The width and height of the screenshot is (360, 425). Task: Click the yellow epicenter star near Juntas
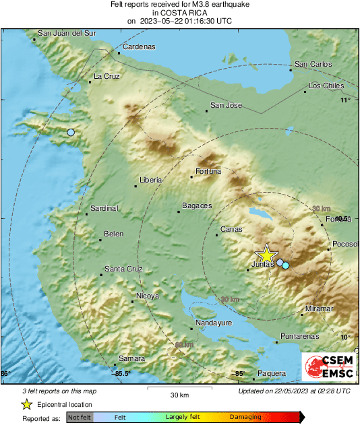[267, 255]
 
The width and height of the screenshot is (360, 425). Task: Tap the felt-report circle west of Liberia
[71, 133]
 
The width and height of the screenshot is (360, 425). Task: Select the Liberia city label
[150, 180]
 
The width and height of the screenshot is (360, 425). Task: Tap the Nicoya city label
[148, 296]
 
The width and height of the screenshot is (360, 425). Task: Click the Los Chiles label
[326, 86]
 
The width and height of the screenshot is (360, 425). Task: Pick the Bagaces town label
[197, 205]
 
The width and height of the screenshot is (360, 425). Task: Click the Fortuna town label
[208, 171]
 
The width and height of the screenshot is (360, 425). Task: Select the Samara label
[131, 358]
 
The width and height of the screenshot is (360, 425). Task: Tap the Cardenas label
[139, 46]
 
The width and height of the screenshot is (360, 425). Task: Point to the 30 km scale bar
[179, 389]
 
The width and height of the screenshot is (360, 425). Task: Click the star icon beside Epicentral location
[26, 404]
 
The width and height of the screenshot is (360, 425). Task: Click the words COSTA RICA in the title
[179, 13]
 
